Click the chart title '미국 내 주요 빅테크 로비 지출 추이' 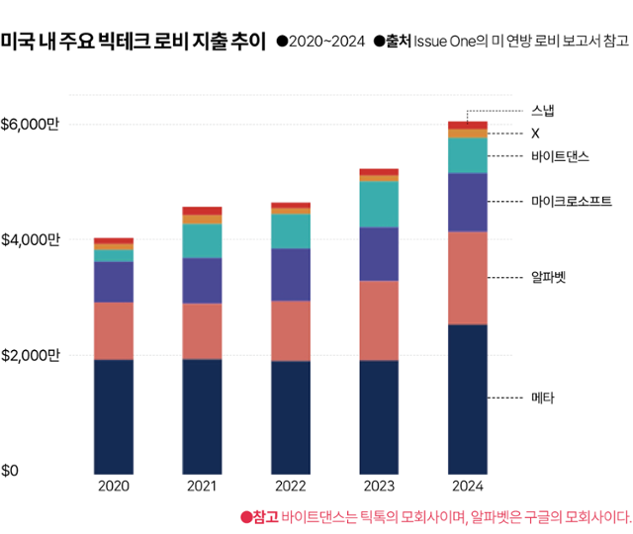coord(133,42)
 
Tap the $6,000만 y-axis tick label coord(30,125)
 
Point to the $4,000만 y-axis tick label coord(30,239)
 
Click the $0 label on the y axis coord(10,470)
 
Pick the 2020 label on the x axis coord(114,487)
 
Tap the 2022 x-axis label coord(291,487)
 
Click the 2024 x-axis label coord(467,487)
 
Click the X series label coord(535,133)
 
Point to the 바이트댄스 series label coord(560,156)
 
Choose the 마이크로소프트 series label coord(571,202)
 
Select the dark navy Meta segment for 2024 coord(467,398)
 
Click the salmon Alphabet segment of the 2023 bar coord(379,320)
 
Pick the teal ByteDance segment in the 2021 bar coord(202,241)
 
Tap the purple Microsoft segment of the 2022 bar coord(291,274)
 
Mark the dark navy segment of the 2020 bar coord(114,415)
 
